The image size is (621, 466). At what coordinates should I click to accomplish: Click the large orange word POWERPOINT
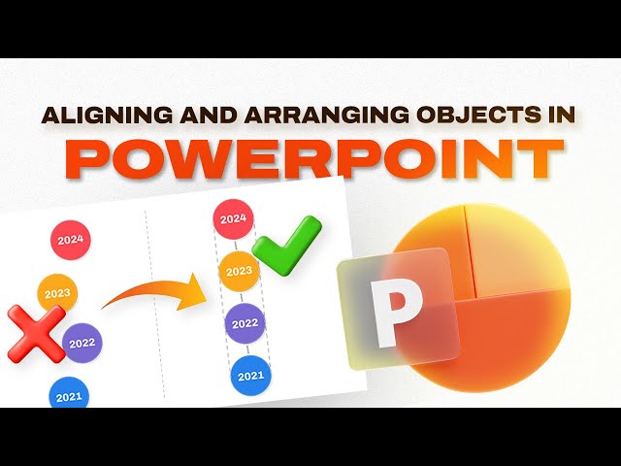pos(310,159)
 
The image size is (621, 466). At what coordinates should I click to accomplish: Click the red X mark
pos(36,334)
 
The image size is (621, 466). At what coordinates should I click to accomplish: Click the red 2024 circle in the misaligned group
pos(70,239)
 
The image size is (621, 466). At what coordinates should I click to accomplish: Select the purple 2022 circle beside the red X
pos(82,342)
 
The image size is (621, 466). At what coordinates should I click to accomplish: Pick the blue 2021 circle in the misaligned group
pos(69,394)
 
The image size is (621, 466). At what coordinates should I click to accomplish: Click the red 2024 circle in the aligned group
pos(233,219)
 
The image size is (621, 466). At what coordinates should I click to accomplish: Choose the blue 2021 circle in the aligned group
pos(250,376)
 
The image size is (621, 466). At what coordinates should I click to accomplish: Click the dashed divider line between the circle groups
pos(154,320)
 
